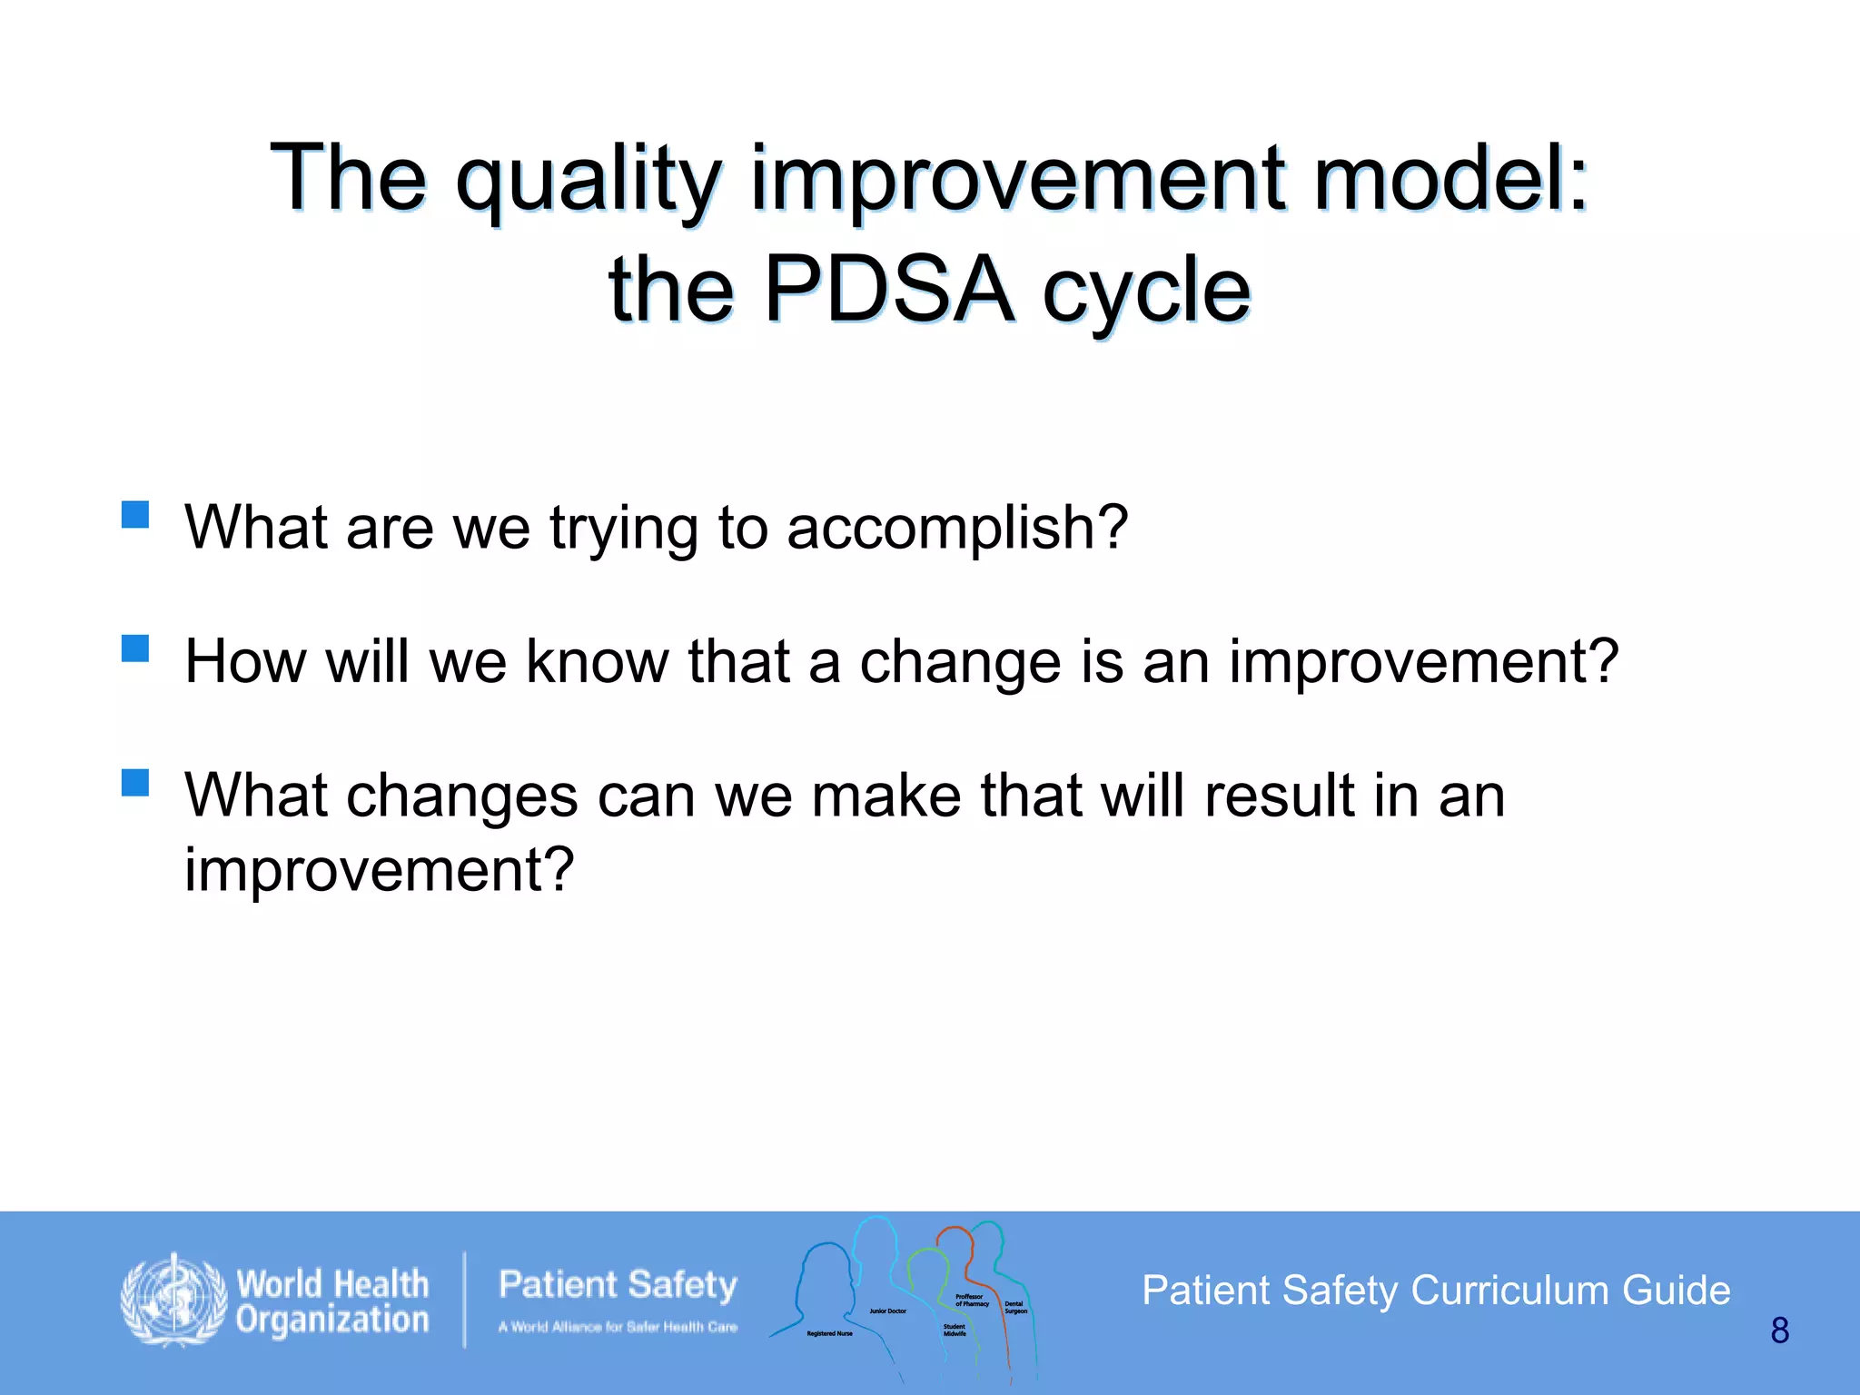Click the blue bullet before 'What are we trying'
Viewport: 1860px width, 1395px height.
coord(135,514)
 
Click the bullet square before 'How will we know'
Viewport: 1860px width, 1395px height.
coord(135,648)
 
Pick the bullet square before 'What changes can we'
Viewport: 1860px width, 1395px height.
coord(135,782)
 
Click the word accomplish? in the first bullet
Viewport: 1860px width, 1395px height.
coord(957,529)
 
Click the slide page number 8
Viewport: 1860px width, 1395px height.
coord(1779,1331)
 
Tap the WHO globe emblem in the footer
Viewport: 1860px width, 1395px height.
coord(173,1301)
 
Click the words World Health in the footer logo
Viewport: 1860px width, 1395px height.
coord(332,1284)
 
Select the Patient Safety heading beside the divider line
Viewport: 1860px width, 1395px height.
coord(618,1285)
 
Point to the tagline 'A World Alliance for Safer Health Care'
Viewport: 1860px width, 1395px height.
coord(618,1327)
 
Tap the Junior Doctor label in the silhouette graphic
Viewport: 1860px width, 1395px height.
coord(887,1311)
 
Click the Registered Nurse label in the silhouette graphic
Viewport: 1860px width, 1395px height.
coord(829,1334)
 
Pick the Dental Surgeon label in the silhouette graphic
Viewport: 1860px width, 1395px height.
coord(1015,1308)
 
